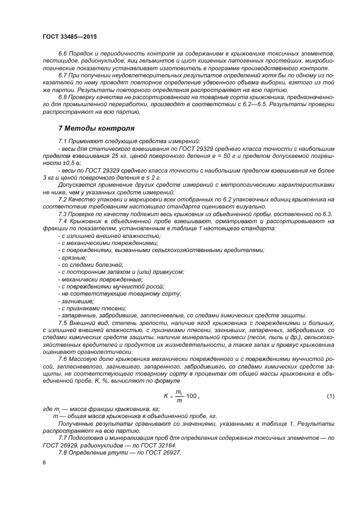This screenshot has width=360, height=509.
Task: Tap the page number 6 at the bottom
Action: (44, 462)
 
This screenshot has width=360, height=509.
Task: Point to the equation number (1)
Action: (330, 396)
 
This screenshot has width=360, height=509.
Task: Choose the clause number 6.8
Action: (63, 97)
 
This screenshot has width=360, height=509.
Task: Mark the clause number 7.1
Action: (63, 142)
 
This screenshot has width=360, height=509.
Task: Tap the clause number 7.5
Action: (63, 323)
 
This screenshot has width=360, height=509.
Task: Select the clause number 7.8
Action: (63, 453)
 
